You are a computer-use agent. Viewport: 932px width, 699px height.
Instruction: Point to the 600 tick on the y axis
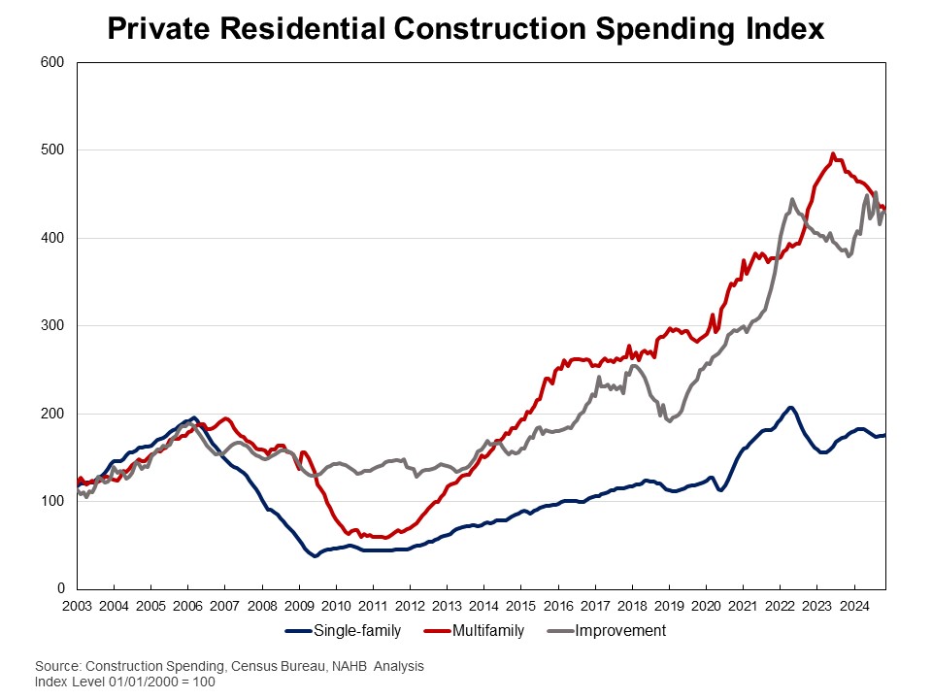coord(52,63)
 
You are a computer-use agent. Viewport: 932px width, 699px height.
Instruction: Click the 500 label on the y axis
coord(52,150)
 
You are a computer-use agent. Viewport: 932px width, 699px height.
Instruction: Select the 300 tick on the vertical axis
coord(52,326)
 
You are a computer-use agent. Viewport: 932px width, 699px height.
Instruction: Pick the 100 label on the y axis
coord(52,502)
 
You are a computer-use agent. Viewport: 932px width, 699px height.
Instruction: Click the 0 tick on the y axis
coord(59,589)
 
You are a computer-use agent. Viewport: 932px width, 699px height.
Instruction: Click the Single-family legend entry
coord(346,631)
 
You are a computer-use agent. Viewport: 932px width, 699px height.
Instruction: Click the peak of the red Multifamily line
coord(833,153)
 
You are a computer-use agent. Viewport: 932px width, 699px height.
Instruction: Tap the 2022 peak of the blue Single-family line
coord(790,407)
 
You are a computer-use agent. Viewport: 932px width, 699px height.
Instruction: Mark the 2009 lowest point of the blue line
coord(315,556)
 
